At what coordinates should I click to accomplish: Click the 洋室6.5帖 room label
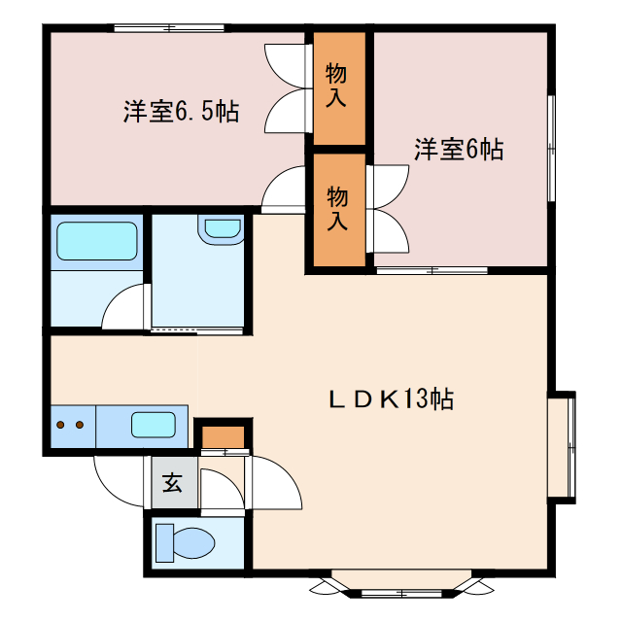pyautogui.click(x=181, y=112)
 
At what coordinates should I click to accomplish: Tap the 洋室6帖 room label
pyautogui.click(x=459, y=150)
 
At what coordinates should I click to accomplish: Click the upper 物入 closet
pyautogui.click(x=337, y=87)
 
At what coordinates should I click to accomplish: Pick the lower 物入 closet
pyautogui.click(x=337, y=209)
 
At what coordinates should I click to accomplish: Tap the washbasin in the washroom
pyautogui.click(x=221, y=229)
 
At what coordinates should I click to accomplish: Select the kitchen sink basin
pyautogui.click(x=154, y=425)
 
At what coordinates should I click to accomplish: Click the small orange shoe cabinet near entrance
pyautogui.click(x=224, y=436)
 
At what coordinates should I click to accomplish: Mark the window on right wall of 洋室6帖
pyautogui.click(x=550, y=146)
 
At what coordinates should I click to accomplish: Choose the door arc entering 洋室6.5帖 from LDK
pyautogui.click(x=284, y=187)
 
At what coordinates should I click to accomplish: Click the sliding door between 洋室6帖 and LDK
pyautogui.click(x=418, y=269)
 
